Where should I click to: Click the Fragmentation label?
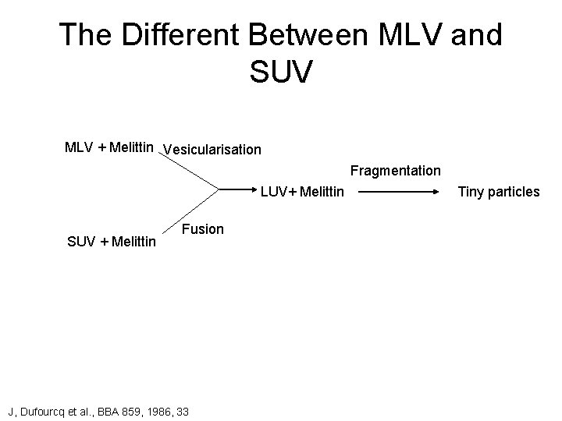(395, 170)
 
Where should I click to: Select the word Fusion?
(202, 229)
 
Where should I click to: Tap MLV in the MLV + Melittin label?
(79, 147)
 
